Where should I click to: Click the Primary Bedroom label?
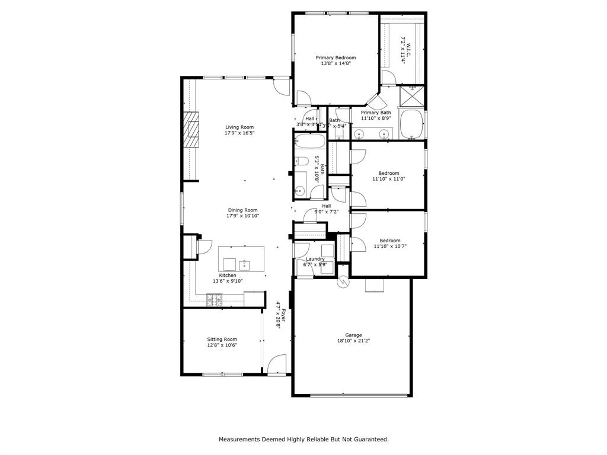click(336, 57)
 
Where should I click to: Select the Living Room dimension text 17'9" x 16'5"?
click(239, 133)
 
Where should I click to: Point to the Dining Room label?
click(243, 210)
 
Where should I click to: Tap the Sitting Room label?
click(222, 339)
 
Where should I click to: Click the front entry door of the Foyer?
click(277, 364)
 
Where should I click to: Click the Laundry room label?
click(315, 259)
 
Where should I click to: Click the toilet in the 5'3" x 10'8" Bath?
click(301, 162)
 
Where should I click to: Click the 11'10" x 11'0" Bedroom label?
click(389, 173)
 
